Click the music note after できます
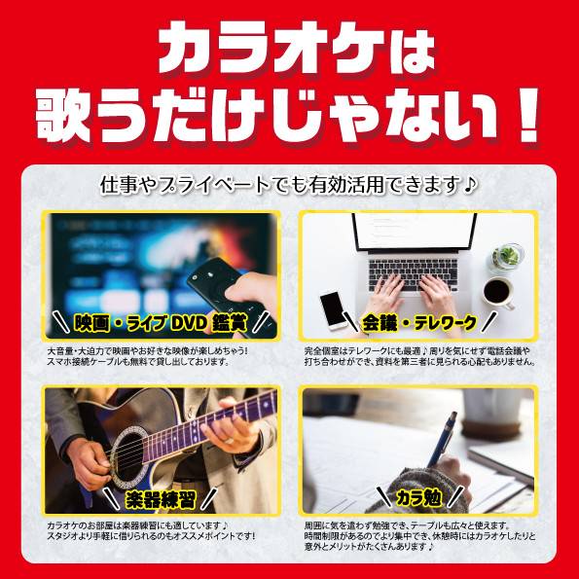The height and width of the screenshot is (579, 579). click(x=470, y=185)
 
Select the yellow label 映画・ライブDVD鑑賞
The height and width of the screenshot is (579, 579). click(x=161, y=323)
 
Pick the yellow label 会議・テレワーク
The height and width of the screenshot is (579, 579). click(x=418, y=323)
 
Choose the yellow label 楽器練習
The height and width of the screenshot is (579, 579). click(x=161, y=499)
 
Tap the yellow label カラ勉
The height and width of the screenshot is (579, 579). click(x=418, y=498)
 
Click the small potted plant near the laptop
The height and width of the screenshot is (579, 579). click(x=507, y=256)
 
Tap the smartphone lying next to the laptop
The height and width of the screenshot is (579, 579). click(x=334, y=310)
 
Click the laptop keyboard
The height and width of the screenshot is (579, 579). click(x=414, y=274)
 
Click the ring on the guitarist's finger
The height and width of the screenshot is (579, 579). click(x=229, y=440)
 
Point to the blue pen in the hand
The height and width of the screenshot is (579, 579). click(x=442, y=439)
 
